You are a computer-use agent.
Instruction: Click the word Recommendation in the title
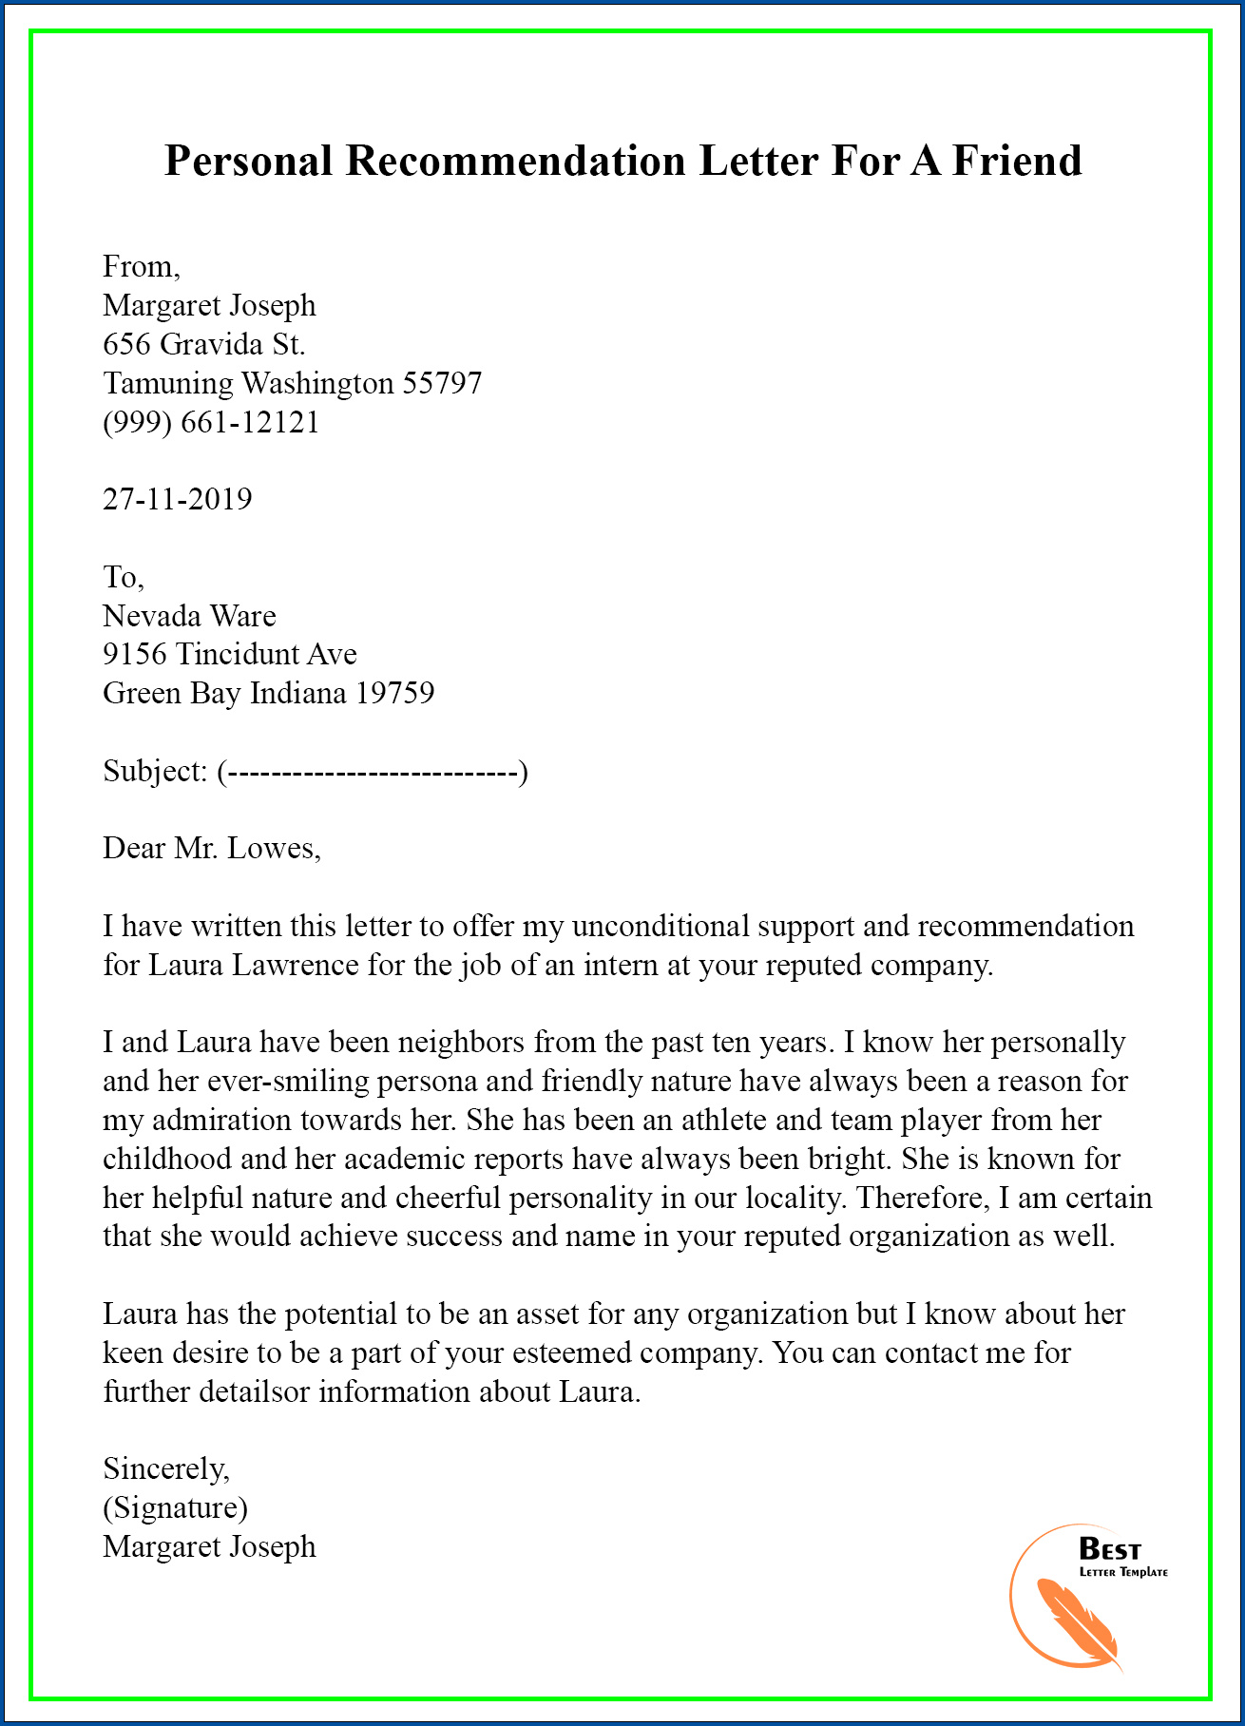[515, 161]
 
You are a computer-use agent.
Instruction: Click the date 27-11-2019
[178, 499]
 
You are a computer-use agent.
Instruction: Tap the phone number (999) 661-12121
[211, 422]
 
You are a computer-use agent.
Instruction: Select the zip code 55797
[442, 383]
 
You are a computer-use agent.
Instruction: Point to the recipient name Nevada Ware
[189, 616]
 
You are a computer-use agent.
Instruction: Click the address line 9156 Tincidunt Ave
[230, 654]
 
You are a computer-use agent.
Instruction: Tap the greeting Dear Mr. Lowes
[211, 848]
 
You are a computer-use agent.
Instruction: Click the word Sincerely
[166, 1469]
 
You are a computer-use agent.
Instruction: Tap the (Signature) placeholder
[176, 1508]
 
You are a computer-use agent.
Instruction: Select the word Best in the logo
[1109, 1550]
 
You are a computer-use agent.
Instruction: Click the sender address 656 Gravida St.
[203, 344]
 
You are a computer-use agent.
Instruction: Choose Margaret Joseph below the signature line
[209, 1547]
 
